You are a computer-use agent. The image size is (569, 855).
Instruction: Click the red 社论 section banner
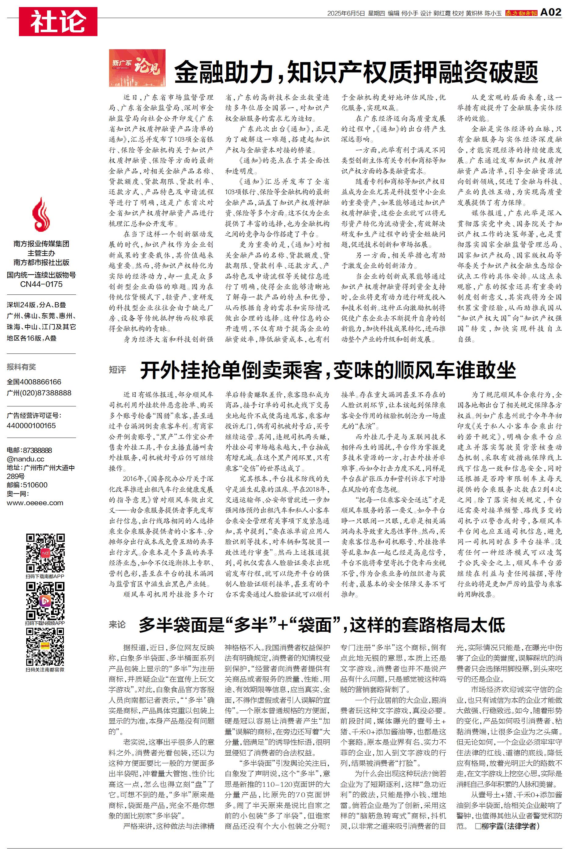click(58, 21)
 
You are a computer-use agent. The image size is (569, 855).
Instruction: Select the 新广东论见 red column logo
click(137, 68)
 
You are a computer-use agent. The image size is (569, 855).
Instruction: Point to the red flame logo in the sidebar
click(41, 215)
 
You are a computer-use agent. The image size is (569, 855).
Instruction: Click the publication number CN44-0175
click(41, 284)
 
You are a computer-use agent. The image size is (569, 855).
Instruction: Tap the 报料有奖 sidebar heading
click(21, 367)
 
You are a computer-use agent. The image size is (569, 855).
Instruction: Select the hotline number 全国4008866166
click(34, 382)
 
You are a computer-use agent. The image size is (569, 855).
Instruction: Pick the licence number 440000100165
click(31, 425)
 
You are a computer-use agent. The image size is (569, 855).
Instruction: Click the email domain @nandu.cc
click(25, 459)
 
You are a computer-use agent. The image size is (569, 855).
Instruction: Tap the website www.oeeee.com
click(35, 503)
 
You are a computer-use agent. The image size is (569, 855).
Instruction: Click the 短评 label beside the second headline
click(118, 370)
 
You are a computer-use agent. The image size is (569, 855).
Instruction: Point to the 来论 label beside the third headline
click(118, 624)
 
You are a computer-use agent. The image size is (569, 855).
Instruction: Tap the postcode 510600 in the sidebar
click(35, 485)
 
